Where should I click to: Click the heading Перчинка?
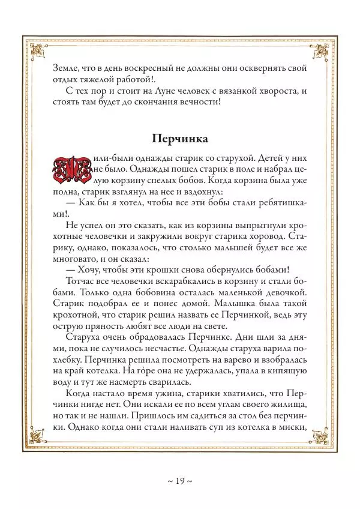point(180,139)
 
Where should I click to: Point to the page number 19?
point(180,481)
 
